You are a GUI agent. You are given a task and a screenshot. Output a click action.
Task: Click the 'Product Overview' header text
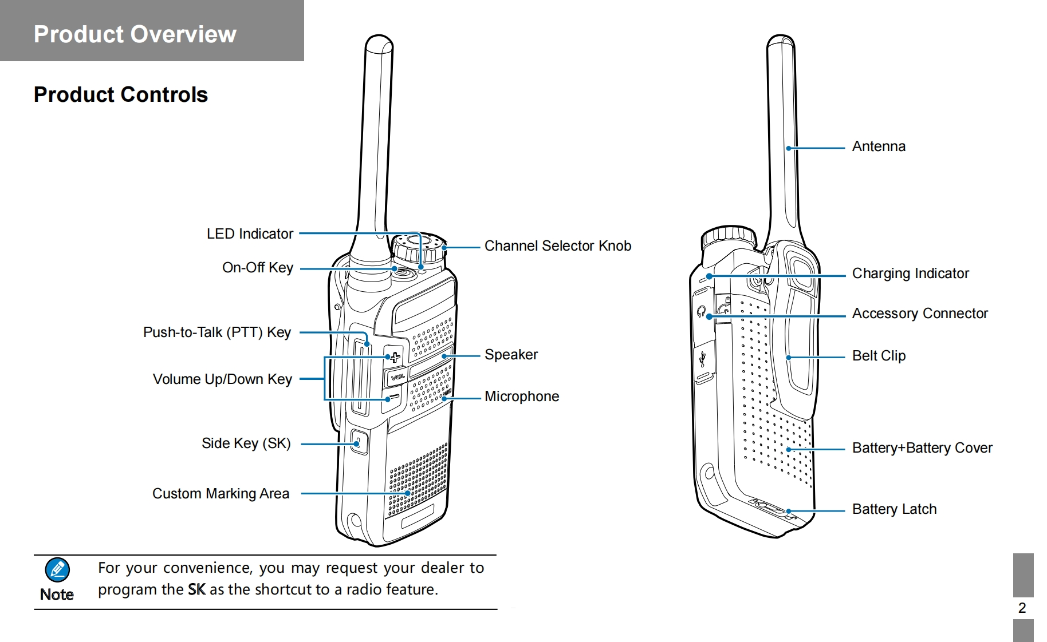pos(135,34)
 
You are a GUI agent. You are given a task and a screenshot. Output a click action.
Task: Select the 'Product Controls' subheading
pos(120,94)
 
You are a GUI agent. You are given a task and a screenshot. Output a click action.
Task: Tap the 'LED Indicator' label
pos(250,233)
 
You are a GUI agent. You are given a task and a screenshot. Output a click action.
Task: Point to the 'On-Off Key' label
pos(257,268)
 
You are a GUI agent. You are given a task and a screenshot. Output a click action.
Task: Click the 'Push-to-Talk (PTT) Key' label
pos(217,332)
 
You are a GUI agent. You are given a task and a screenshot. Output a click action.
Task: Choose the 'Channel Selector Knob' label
pos(557,246)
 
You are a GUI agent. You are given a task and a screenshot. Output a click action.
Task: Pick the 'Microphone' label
pos(521,397)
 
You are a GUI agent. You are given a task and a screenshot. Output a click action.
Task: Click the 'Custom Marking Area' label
pos(221,494)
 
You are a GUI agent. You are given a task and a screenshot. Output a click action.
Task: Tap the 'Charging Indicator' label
pos(910,274)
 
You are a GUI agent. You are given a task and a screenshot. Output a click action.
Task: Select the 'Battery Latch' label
pos(894,509)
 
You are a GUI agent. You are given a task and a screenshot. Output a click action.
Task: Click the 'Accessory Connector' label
pos(920,314)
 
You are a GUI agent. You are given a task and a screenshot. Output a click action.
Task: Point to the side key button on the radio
pos(359,442)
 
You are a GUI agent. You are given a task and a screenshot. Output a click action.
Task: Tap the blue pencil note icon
pos(57,570)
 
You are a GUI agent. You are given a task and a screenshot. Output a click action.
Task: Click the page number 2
pos(1022,608)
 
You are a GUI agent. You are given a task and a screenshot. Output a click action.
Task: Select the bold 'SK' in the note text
pos(196,589)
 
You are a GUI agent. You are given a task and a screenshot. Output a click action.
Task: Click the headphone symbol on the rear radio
pos(701,311)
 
